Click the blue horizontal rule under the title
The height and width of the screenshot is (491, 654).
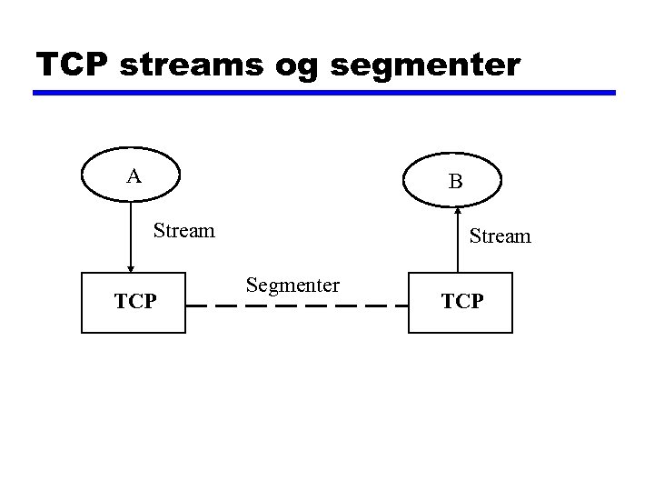click(x=324, y=93)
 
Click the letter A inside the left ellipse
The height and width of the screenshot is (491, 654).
click(x=134, y=176)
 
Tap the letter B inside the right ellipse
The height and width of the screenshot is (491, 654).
click(x=456, y=182)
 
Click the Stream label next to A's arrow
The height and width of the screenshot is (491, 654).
click(x=184, y=231)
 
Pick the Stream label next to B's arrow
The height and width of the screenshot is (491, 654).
click(x=500, y=236)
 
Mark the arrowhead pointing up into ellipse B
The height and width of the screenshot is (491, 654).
click(x=457, y=212)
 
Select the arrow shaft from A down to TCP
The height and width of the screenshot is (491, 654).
click(x=131, y=232)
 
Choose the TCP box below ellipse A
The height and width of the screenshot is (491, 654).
click(x=134, y=303)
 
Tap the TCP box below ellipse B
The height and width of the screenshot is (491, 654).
click(x=460, y=303)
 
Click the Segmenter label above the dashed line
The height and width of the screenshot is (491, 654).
click(x=292, y=286)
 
